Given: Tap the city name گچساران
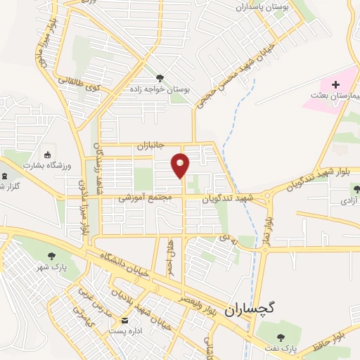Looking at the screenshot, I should (x=252, y=309).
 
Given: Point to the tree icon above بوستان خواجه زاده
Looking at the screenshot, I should (x=160, y=78).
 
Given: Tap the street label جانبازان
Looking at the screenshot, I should (x=149, y=146).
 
